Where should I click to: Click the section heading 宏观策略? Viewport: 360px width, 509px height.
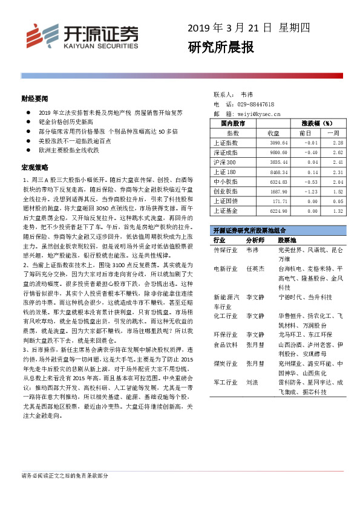[34, 166]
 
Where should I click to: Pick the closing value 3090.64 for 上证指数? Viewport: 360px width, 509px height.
[278, 142]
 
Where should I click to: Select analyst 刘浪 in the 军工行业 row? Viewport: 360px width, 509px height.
[253, 382]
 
